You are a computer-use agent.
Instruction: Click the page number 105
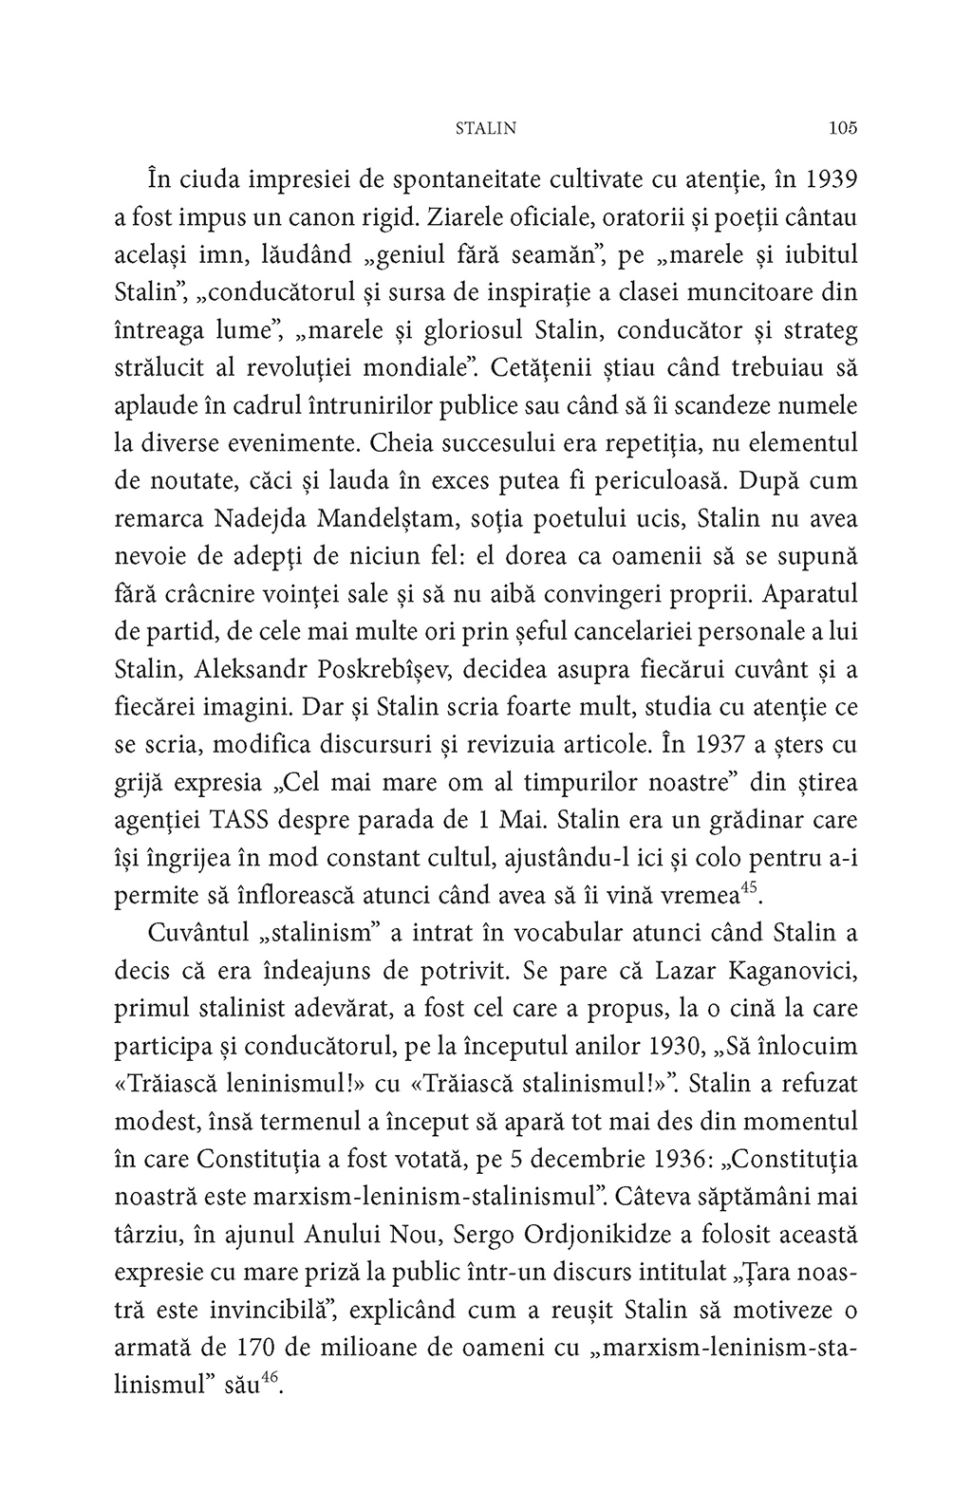[x=842, y=128]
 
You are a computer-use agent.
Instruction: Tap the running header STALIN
[x=486, y=129]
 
